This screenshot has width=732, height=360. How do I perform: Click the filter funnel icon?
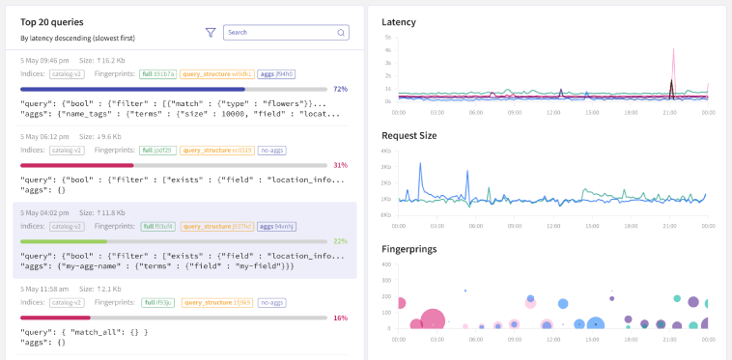pyautogui.click(x=211, y=32)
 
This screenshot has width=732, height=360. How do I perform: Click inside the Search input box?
pyautogui.click(x=280, y=32)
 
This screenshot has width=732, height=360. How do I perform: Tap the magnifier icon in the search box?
pyautogui.click(x=341, y=32)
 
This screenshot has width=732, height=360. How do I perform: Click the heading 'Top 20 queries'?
pyautogui.click(x=51, y=21)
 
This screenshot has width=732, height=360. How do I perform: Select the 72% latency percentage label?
pyautogui.click(x=340, y=89)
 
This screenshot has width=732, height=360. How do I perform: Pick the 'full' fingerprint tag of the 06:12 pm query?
pyautogui.click(x=157, y=151)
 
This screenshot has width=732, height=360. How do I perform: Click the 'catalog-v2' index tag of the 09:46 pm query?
pyautogui.click(x=67, y=73)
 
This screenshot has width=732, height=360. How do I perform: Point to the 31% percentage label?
pyautogui.click(x=340, y=165)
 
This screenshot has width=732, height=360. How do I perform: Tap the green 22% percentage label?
pyautogui.click(x=340, y=241)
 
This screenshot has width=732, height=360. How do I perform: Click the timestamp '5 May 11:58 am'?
pyautogui.click(x=45, y=288)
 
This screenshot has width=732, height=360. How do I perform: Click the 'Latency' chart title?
pyautogui.click(x=400, y=21)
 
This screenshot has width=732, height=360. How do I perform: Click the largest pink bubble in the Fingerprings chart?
pyautogui.click(x=433, y=319)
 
